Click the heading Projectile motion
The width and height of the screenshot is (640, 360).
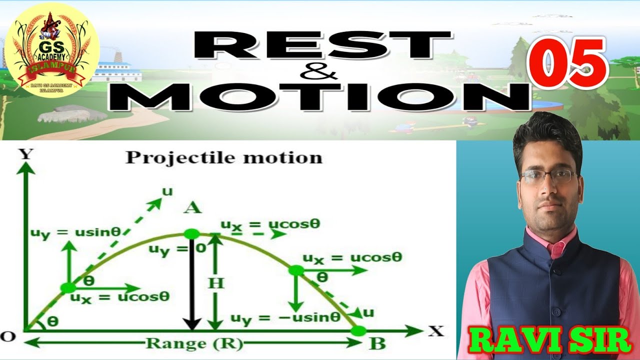pyautogui.click(x=223, y=157)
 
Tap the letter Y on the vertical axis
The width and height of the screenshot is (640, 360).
pyautogui.click(x=25, y=154)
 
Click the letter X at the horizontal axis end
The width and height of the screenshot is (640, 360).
pyautogui.click(x=435, y=330)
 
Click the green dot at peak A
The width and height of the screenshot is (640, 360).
pyautogui.click(x=191, y=234)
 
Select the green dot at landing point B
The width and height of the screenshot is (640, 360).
pyautogui.click(x=358, y=330)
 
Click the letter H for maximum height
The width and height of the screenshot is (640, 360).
pyautogui.click(x=216, y=283)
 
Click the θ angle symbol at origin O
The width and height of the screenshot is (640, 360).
pyautogui.click(x=52, y=322)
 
